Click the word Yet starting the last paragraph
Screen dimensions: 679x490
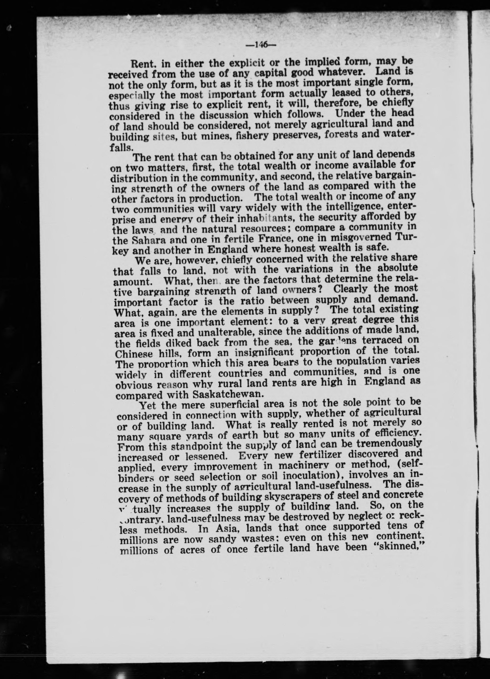(148, 405)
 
